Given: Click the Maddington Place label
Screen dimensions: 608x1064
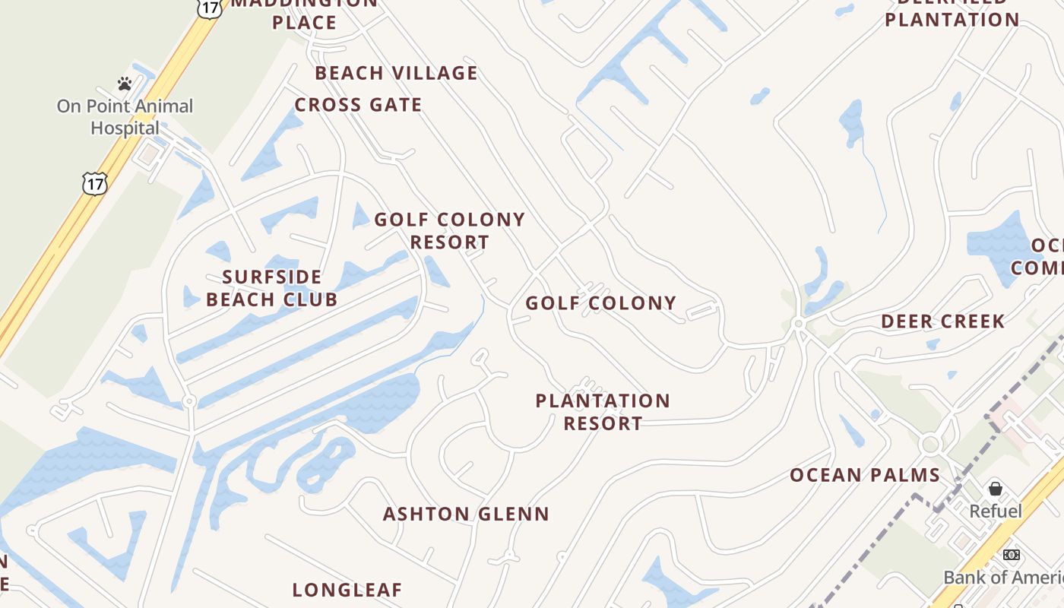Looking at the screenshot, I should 304,14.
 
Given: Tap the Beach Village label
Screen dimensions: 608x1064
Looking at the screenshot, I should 396,73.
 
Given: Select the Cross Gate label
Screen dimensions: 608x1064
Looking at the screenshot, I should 358,105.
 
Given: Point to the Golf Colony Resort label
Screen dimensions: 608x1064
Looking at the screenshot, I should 450,231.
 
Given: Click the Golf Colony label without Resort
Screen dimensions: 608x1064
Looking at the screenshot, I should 601,303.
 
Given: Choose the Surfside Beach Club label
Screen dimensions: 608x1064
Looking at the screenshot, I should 272,288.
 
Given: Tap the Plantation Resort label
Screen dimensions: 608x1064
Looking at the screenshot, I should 603,412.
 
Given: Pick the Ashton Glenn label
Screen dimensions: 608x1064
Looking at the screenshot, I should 466,515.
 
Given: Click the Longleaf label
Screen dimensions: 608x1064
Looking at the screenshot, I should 347,590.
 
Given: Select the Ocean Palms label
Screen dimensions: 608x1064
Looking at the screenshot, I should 865,476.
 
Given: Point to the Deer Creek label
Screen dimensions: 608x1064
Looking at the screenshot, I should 942,321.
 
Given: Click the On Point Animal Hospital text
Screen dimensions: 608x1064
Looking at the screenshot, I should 125,117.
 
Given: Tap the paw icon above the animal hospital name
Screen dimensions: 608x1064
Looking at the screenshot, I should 125,84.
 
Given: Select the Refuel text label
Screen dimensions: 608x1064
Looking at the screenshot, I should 996,511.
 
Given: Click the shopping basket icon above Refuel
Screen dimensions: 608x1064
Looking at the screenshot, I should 996,489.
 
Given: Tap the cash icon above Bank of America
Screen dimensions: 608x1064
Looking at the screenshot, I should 1011,555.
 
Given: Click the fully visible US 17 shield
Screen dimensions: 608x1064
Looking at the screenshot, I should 95,183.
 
